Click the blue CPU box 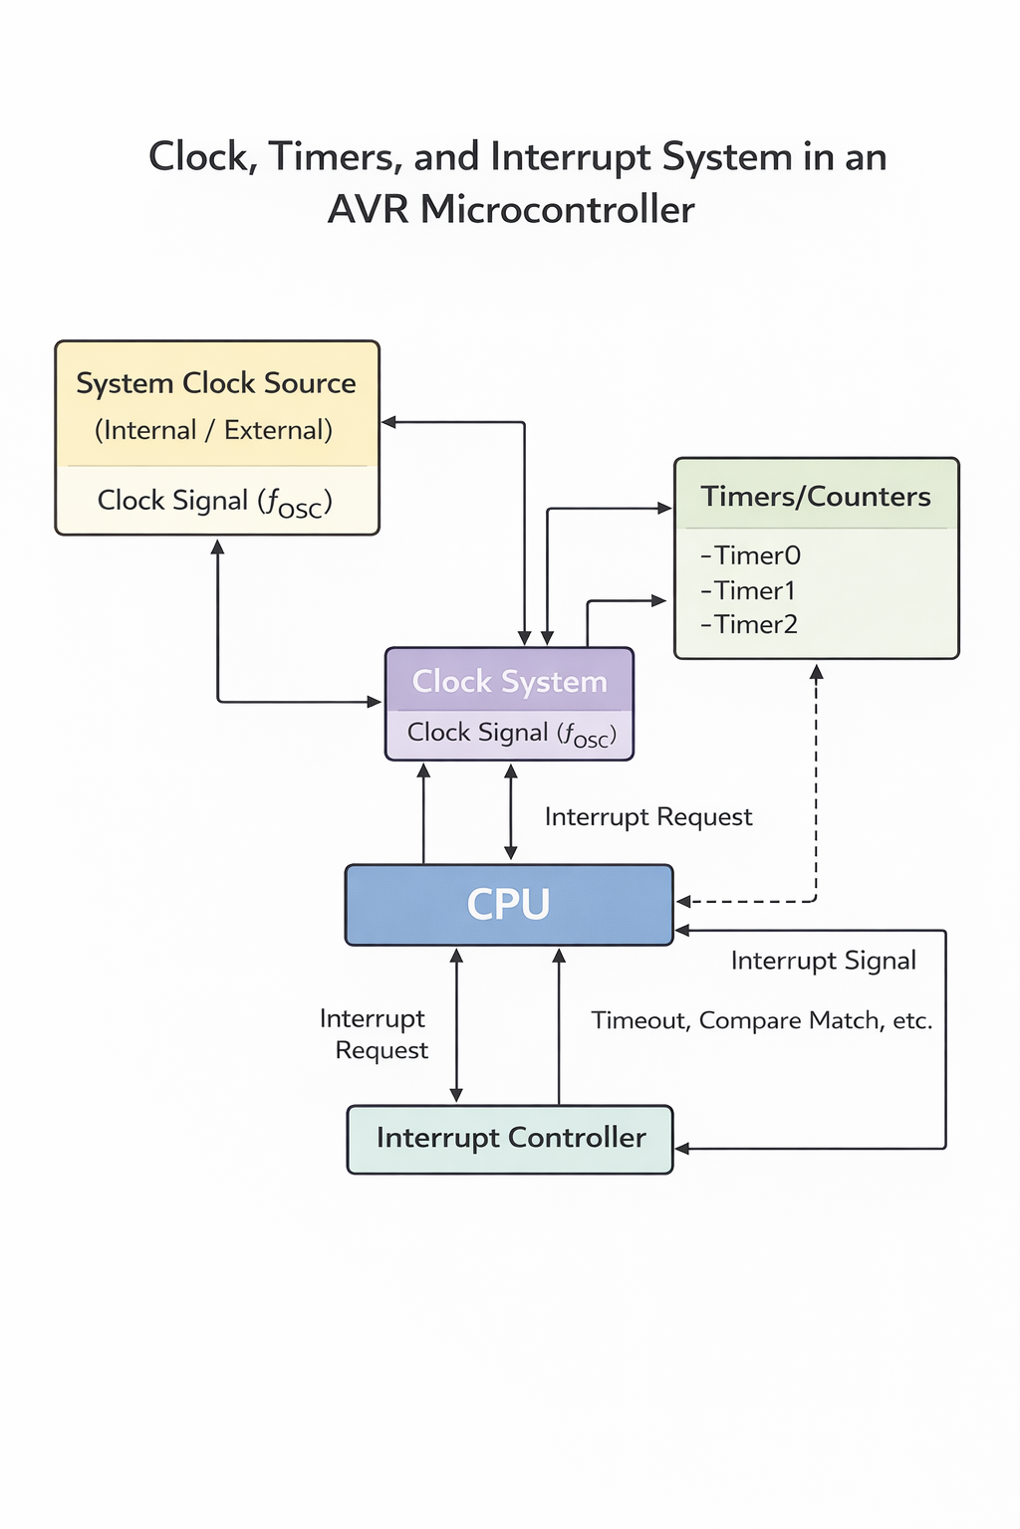point(508,904)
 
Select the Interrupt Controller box point(510,1139)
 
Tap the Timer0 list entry point(751,555)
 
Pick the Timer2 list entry point(750,625)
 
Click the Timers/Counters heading point(815,497)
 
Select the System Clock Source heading point(215,383)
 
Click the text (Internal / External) point(213,430)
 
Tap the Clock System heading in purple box point(509,682)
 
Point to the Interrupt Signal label point(823,961)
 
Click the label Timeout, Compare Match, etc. point(761,1020)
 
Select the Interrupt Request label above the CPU point(648,817)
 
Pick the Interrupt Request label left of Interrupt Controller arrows point(375,1034)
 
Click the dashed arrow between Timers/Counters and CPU point(816,796)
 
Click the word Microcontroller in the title point(557,210)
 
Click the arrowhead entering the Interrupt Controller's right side point(683,1149)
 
